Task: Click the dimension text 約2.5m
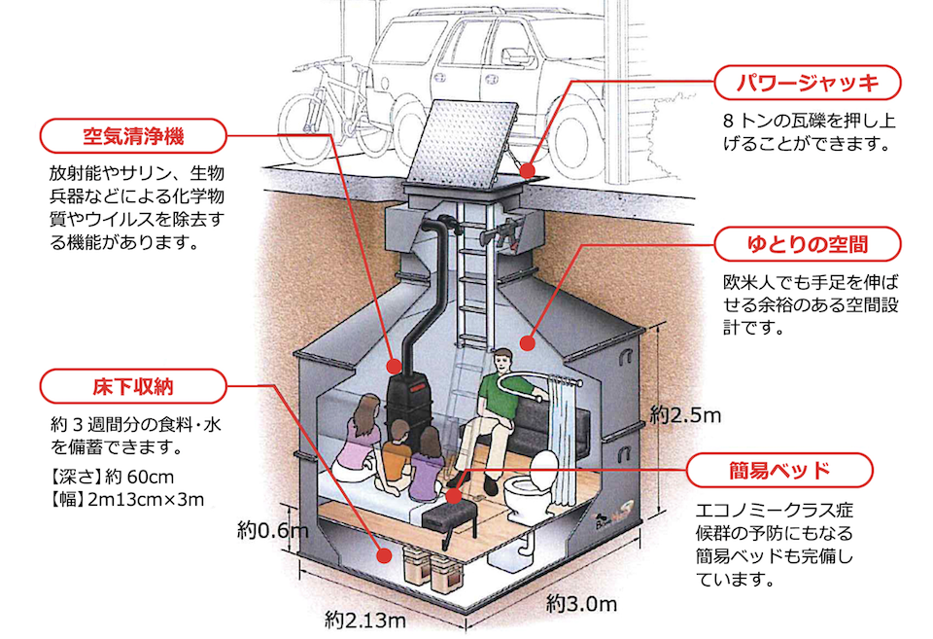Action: (x=685, y=415)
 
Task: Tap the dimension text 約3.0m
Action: (x=581, y=603)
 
